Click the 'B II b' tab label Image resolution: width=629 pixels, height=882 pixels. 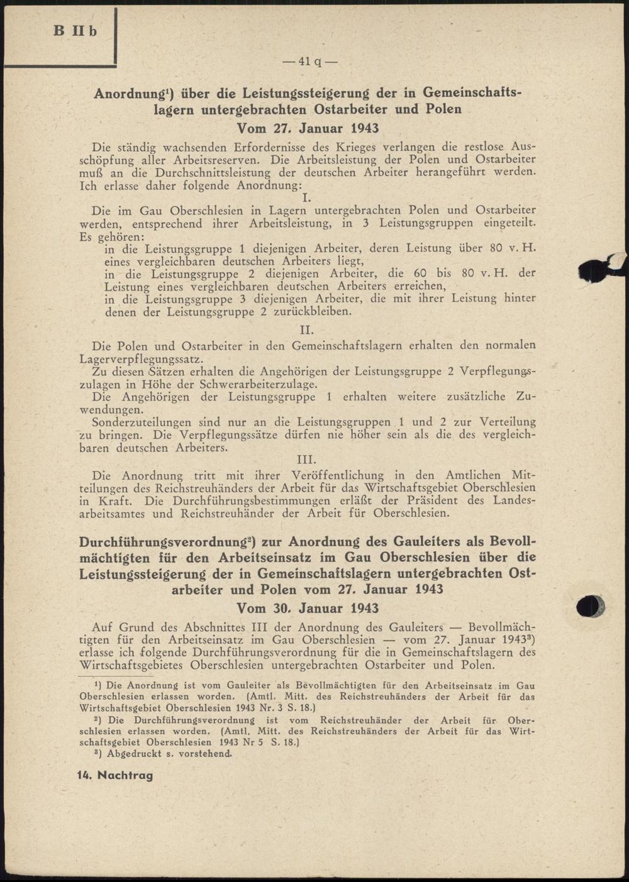coord(75,31)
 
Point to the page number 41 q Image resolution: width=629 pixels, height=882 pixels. coord(309,62)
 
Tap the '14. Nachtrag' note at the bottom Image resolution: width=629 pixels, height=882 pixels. coord(115,775)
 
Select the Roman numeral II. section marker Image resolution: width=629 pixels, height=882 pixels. coord(306,329)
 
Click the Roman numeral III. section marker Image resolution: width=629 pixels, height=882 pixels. coord(306,460)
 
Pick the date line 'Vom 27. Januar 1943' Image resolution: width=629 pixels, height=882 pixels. coord(308,128)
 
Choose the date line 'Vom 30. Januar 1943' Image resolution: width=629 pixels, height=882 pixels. coord(308,608)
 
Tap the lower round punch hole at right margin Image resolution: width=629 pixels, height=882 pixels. coord(591,606)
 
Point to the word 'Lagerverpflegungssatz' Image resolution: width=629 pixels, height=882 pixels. coord(139,360)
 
